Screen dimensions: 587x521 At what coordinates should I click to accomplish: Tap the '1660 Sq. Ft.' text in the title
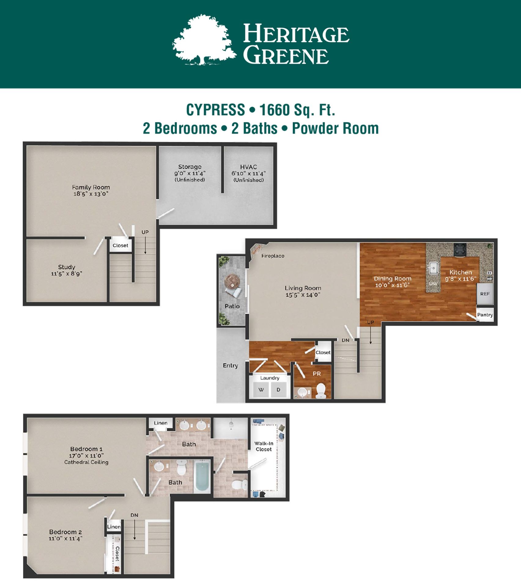(297, 110)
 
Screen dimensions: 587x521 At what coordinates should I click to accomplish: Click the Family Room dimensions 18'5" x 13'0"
(91, 194)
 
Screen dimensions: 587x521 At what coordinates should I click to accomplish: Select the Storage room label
(190, 167)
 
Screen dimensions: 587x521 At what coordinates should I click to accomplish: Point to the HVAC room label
(248, 167)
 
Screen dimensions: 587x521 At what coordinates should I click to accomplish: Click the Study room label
(67, 267)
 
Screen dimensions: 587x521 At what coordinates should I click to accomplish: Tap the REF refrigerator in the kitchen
(485, 294)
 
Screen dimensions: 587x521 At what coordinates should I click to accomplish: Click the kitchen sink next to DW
(433, 268)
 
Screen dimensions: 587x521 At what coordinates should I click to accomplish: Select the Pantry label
(485, 315)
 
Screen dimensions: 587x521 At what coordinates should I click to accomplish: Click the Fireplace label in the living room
(273, 256)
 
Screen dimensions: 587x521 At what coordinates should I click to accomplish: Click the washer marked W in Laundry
(261, 390)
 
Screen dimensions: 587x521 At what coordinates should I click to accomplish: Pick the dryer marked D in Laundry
(278, 390)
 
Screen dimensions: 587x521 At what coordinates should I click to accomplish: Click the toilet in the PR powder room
(321, 391)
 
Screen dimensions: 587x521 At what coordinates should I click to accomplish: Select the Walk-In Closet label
(264, 446)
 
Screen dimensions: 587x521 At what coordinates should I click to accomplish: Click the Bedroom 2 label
(65, 532)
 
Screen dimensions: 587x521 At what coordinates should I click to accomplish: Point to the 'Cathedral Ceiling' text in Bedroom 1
(86, 462)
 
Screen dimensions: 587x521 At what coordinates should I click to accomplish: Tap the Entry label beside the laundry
(230, 366)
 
